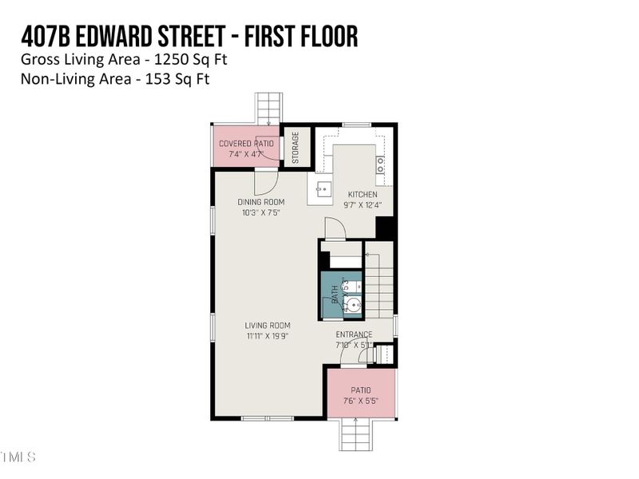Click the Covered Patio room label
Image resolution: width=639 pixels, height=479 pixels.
[246, 144]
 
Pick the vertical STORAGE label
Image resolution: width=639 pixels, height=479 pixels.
[295, 148]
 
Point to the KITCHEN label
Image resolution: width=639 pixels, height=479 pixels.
[362, 195]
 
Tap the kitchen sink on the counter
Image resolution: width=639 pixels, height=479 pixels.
[323, 190]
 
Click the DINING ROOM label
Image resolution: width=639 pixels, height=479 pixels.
[260, 203]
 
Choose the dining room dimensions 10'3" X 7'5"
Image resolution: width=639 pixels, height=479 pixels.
[263, 212]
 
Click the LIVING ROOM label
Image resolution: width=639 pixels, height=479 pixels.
[267, 326]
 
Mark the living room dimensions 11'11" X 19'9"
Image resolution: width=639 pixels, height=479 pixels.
[267, 335]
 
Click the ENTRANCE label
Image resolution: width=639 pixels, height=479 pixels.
[354, 335]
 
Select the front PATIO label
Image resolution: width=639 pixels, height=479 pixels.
[360, 390]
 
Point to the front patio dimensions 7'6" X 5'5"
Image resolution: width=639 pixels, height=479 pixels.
[360, 401]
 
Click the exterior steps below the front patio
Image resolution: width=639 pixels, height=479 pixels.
[359, 435]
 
